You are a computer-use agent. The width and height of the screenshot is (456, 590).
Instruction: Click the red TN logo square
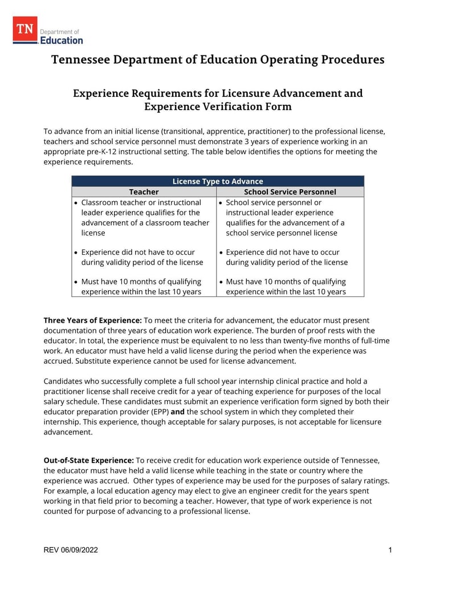(x=25, y=30)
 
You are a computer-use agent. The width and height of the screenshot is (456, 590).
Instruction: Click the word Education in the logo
(x=62, y=40)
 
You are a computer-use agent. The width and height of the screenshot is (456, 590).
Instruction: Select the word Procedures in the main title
(x=354, y=60)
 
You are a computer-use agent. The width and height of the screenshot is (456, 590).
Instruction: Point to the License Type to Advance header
(x=218, y=181)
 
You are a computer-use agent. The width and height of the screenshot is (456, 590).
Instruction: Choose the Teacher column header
(x=144, y=192)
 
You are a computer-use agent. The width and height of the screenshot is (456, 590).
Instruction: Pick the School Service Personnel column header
(x=290, y=192)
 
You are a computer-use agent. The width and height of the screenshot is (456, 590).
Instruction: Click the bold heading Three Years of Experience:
(x=93, y=320)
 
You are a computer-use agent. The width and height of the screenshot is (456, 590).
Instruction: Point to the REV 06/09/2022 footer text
(x=71, y=550)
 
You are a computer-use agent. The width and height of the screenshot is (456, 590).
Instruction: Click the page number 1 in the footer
(x=390, y=550)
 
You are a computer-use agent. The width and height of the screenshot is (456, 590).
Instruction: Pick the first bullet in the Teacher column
(x=76, y=203)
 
